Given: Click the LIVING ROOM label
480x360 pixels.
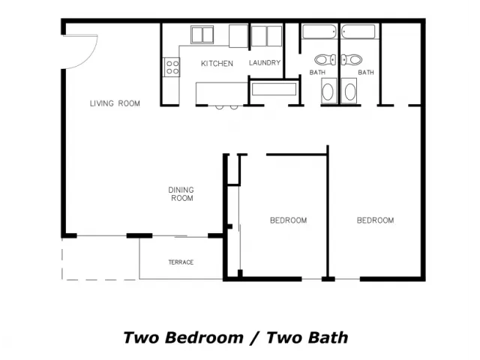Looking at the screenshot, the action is (x=115, y=103).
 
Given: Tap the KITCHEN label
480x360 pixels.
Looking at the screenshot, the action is (x=217, y=64).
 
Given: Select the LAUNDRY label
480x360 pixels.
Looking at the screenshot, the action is (x=265, y=63).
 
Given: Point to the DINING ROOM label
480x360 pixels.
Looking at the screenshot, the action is (x=181, y=194).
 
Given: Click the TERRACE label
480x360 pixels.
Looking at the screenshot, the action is (x=181, y=262).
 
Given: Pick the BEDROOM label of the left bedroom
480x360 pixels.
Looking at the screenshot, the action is (x=288, y=220).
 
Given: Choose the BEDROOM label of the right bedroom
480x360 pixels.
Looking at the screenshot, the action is (x=375, y=220).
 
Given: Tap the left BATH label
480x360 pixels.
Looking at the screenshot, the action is (x=317, y=73).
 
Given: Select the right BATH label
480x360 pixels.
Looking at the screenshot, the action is (x=366, y=73).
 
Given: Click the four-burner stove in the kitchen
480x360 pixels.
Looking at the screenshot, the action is (x=172, y=67).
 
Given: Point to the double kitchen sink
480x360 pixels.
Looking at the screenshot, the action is (x=202, y=34).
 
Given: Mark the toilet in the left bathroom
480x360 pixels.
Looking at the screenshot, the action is (x=325, y=60).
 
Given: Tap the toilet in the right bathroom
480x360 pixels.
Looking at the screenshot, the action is (x=352, y=59).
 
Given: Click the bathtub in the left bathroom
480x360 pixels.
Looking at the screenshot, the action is (x=319, y=31).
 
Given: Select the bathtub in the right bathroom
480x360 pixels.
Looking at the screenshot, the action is (x=358, y=31).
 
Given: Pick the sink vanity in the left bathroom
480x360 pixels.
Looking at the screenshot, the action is (x=329, y=91).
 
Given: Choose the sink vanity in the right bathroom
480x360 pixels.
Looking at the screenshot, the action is (x=349, y=91).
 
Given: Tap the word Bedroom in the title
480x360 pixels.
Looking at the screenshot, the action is (x=205, y=338).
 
